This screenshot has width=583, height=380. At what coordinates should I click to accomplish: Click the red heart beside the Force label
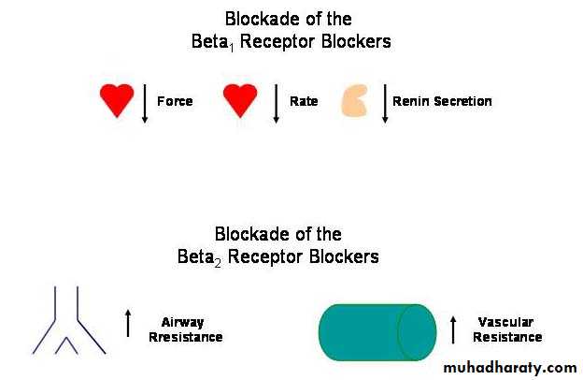[117, 100]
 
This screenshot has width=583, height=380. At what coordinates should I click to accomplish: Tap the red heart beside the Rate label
[240, 100]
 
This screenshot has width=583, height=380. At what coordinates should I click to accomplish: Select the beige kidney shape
[355, 100]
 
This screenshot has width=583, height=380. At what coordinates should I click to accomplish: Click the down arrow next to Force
[145, 104]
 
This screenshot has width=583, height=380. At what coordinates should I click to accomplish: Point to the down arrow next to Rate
[276, 104]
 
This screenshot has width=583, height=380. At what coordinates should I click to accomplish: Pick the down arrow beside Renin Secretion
[385, 104]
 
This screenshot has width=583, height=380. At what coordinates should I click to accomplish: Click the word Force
[175, 101]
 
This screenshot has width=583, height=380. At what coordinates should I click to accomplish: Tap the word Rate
[304, 101]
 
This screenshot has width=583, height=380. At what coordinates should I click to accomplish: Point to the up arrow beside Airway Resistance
[128, 323]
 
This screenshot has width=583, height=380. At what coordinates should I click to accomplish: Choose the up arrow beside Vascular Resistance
[453, 329]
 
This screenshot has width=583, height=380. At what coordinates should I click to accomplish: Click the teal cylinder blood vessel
[377, 332]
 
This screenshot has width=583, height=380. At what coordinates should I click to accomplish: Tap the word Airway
[182, 323]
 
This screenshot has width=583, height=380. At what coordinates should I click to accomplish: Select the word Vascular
[505, 322]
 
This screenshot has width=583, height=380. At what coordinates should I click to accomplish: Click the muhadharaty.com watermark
[510, 368]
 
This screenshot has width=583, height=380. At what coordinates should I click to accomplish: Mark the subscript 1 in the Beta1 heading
[232, 48]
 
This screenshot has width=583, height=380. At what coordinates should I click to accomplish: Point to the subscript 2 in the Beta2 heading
[218, 263]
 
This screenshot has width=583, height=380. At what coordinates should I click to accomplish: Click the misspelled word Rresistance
[186, 337]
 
